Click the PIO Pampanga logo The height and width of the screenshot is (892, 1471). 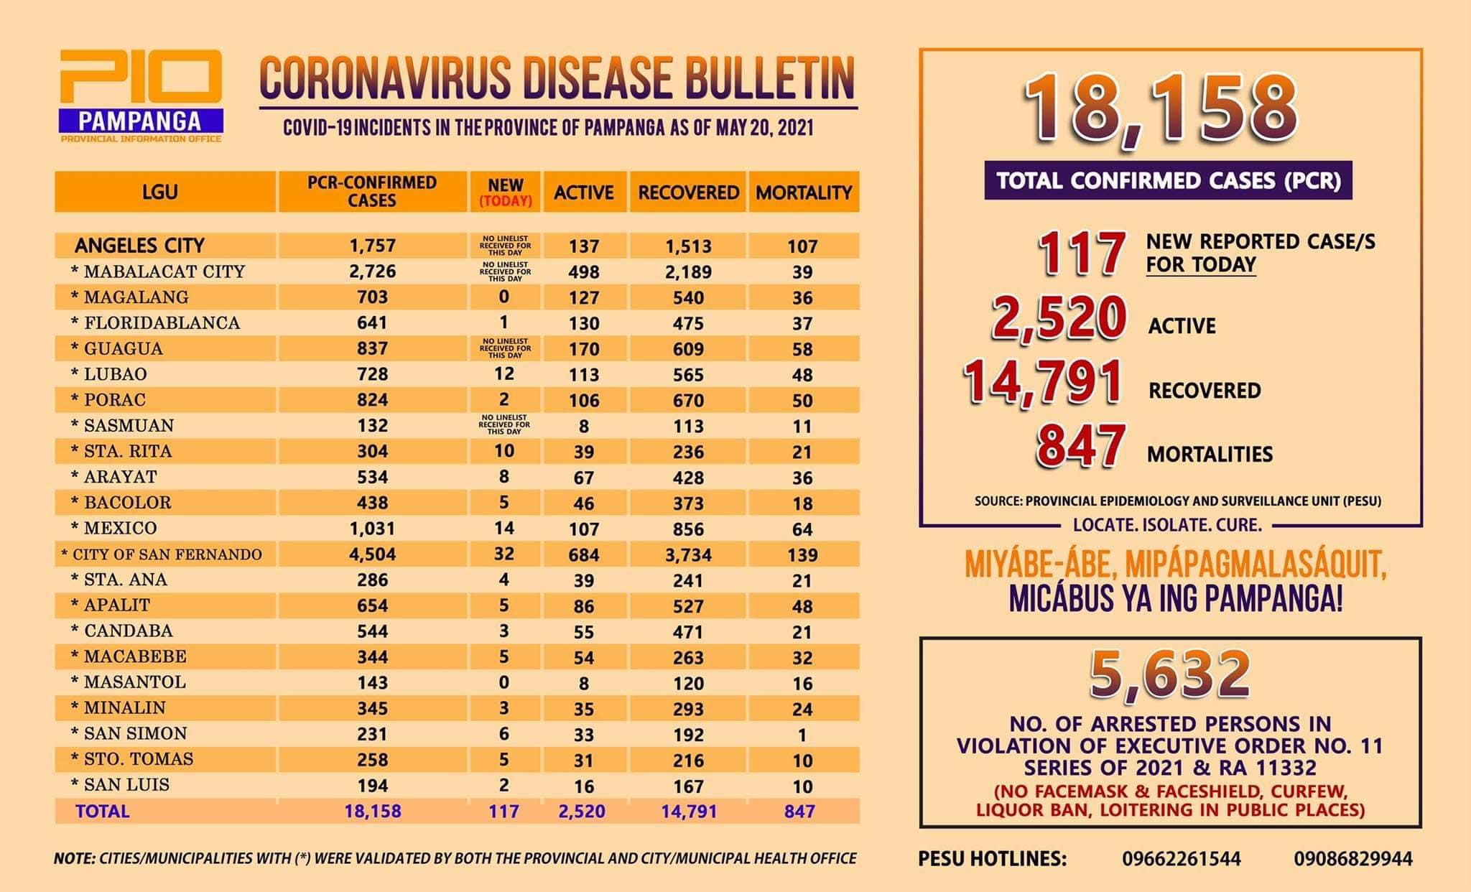tap(141, 96)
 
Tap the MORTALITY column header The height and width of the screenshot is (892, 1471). tap(804, 192)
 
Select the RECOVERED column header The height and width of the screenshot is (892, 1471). tap(688, 192)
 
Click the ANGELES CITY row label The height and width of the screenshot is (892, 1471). tap(139, 246)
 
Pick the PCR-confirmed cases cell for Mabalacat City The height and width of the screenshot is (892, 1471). tap(372, 271)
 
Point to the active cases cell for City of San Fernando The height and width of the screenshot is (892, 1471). tap(583, 554)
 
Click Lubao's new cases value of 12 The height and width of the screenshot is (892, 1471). tap(504, 374)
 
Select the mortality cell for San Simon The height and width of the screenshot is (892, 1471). tap(802, 735)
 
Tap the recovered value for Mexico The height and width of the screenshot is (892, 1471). tap(688, 529)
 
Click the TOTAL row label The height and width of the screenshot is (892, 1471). tap(103, 812)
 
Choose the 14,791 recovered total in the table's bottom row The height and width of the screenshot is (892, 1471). tap(689, 812)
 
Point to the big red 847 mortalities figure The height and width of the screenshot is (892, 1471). tap(1080, 446)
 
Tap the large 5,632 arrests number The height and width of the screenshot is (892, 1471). tap(1169, 675)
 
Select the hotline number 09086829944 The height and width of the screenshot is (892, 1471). tap(1353, 858)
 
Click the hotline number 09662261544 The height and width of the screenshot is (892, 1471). tap(1182, 858)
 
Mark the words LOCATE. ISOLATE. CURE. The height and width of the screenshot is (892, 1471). tap(1167, 525)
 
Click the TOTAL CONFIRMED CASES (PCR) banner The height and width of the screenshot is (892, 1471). tap(1169, 180)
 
